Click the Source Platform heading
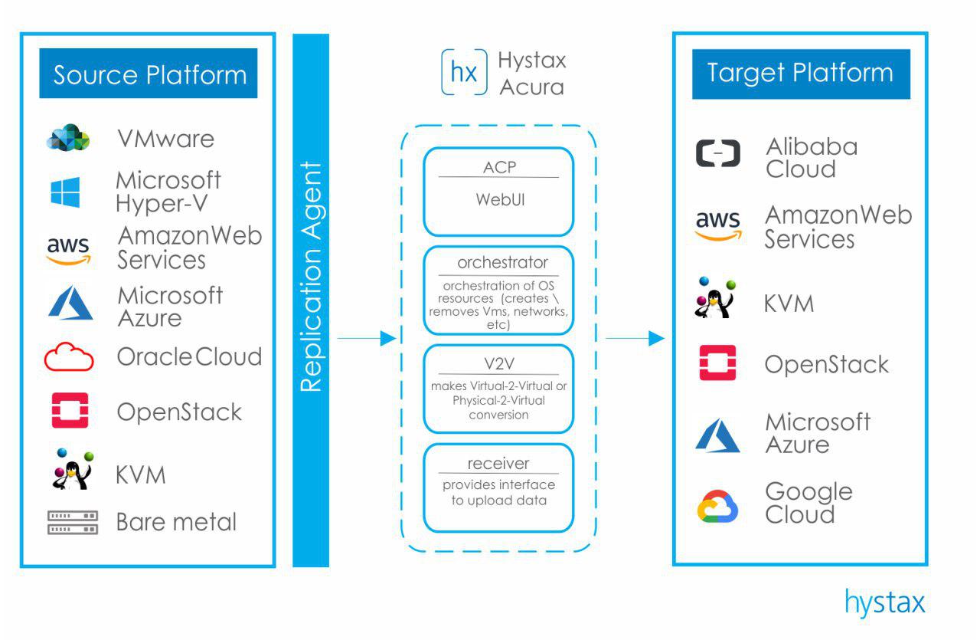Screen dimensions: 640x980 pos(149,75)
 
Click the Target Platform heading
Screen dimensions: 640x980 pos(801,74)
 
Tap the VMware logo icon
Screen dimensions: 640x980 pos(69,138)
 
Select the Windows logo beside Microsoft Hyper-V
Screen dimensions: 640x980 pos(66,192)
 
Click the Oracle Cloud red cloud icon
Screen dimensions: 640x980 pos(69,357)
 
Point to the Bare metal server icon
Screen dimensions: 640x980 pos(73,523)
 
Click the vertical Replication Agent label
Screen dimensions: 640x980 pos(311,277)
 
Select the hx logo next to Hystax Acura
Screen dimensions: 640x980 pos(464,73)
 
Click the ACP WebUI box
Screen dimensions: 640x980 pos(498,192)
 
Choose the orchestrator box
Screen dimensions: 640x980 pos(498,290)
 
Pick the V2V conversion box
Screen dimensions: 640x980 pos(498,389)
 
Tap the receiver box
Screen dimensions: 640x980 pos(498,487)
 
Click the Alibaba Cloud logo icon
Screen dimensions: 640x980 pos(718,153)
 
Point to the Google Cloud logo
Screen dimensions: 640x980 pos(718,507)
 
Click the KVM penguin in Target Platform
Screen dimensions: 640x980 pos(715,298)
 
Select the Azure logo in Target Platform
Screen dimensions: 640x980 pos(718,436)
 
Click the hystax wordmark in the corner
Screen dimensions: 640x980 pos(885,602)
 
